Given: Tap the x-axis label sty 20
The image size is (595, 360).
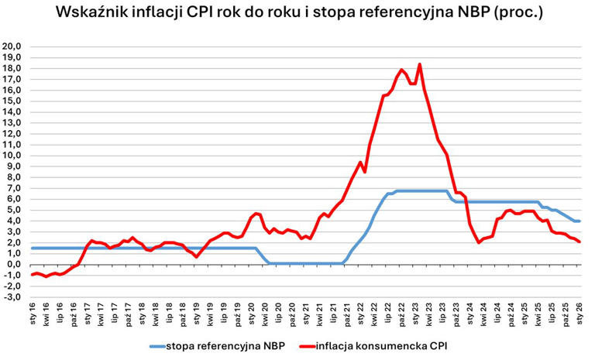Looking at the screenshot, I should point(252,314).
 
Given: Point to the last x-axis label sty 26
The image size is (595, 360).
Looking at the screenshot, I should point(580,314).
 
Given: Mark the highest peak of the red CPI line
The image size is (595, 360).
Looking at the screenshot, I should point(419,64).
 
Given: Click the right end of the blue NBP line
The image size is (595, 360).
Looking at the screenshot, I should point(580,221).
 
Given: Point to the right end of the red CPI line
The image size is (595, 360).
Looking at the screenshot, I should point(580,242).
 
